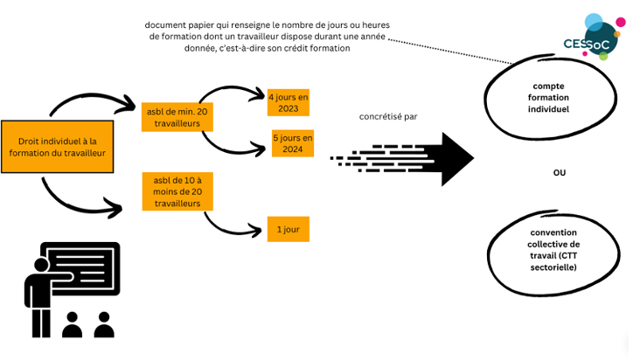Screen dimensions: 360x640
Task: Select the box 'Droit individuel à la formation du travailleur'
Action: pos(58,147)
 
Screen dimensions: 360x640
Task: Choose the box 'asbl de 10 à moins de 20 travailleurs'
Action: pos(177,190)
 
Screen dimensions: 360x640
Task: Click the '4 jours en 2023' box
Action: pos(288,102)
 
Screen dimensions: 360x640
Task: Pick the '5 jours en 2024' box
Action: pos(292,143)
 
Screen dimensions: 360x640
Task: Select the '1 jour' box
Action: pos(289,230)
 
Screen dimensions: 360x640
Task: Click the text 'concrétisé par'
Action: pos(388,116)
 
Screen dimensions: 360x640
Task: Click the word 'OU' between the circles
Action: pos(560,172)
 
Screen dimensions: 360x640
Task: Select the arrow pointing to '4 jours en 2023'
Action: pos(232,90)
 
